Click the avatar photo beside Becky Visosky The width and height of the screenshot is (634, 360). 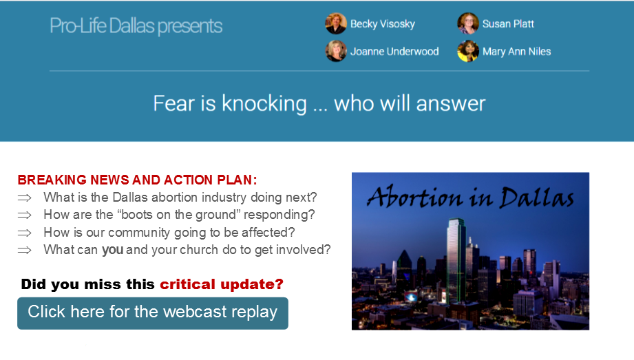pyautogui.click(x=336, y=23)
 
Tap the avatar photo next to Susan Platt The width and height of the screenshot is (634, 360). pyautogui.click(x=468, y=23)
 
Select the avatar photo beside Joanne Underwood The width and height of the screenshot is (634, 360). pyautogui.click(x=336, y=51)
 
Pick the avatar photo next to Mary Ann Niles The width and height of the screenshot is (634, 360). pyautogui.click(x=468, y=51)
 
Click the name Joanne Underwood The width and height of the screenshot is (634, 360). pyautogui.click(x=394, y=52)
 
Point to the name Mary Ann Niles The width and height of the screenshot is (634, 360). pyautogui.click(x=517, y=52)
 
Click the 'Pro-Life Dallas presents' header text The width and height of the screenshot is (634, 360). pyautogui.click(x=136, y=26)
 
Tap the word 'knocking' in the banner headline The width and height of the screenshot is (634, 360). pyautogui.click(x=264, y=104)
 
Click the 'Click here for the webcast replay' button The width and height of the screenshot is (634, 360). pyautogui.click(x=153, y=313)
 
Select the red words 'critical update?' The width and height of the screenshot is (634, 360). pyautogui.click(x=222, y=284)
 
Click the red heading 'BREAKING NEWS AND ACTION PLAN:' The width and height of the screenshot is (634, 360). pyautogui.click(x=137, y=180)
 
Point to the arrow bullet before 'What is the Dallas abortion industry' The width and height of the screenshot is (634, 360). pyautogui.click(x=24, y=198)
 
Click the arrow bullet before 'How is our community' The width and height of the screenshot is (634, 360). pyautogui.click(x=24, y=233)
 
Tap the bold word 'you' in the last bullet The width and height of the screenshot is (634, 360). pyautogui.click(x=112, y=250)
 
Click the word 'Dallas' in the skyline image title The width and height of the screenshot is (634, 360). pyautogui.click(x=536, y=198)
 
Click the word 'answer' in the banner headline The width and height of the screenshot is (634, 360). pyautogui.click(x=450, y=104)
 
